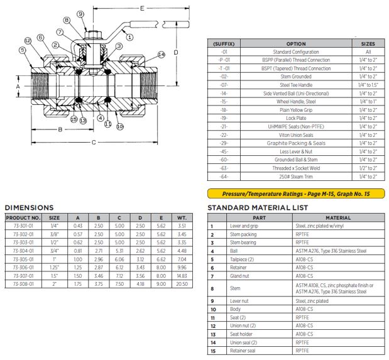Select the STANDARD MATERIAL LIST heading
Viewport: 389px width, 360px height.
258,208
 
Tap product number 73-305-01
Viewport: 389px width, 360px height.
23,258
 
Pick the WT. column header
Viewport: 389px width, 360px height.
182,217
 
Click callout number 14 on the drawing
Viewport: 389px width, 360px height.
162,55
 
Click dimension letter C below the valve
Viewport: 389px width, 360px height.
94,143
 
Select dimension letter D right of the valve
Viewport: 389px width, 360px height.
177,52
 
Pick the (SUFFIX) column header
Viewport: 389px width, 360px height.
224,44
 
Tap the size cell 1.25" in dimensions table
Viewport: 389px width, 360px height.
55,266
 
